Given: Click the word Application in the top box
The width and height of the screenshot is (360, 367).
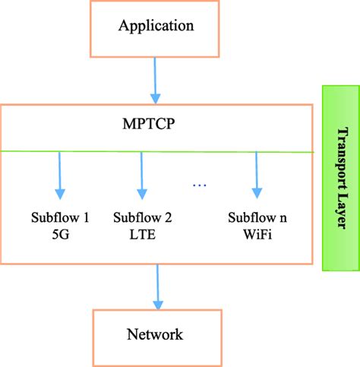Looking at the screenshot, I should (156, 25).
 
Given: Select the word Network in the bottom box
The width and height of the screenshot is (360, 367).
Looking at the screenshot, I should (156, 334).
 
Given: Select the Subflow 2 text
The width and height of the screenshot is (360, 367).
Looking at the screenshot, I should (141, 218).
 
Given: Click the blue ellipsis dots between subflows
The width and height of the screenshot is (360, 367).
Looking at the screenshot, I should (200, 185).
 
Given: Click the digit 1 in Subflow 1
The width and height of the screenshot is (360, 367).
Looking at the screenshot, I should (87, 218).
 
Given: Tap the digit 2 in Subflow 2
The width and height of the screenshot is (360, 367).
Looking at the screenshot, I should (169, 218).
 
